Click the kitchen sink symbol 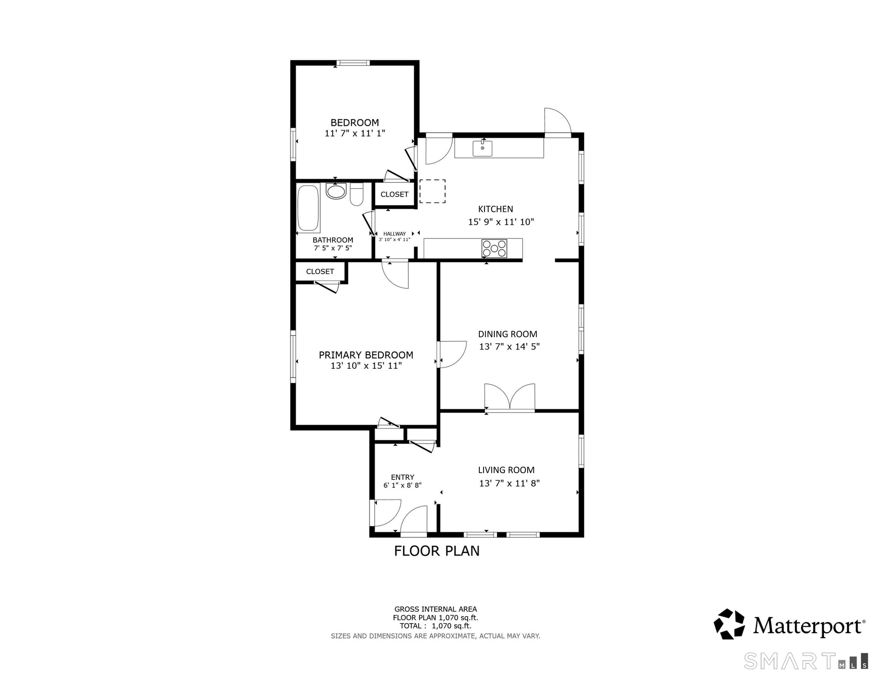pyautogui.click(x=482, y=148)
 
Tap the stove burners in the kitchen pyautogui.click(x=494, y=248)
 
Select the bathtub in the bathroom pyautogui.click(x=309, y=208)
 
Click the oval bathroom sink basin pyautogui.click(x=336, y=191)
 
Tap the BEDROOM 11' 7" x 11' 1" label pyautogui.click(x=355, y=128)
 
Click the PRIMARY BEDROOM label pyautogui.click(x=366, y=355)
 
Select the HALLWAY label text pyautogui.click(x=395, y=234)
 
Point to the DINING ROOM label pyautogui.click(x=508, y=334)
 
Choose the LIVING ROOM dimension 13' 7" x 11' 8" pyautogui.click(x=510, y=483)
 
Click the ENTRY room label pyautogui.click(x=402, y=477)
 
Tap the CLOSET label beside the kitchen pyautogui.click(x=395, y=194)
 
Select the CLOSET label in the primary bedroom pyautogui.click(x=320, y=271)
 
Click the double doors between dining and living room pyautogui.click(x=510, y=398)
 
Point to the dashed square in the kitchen pyautogui.click(x=432, y=191)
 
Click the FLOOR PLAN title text pyautogui.click(x=437, y=551)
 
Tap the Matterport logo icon pyautogui.click(x=729, y=624)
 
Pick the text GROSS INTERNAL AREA pyautogui.click(x=436, y=609)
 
